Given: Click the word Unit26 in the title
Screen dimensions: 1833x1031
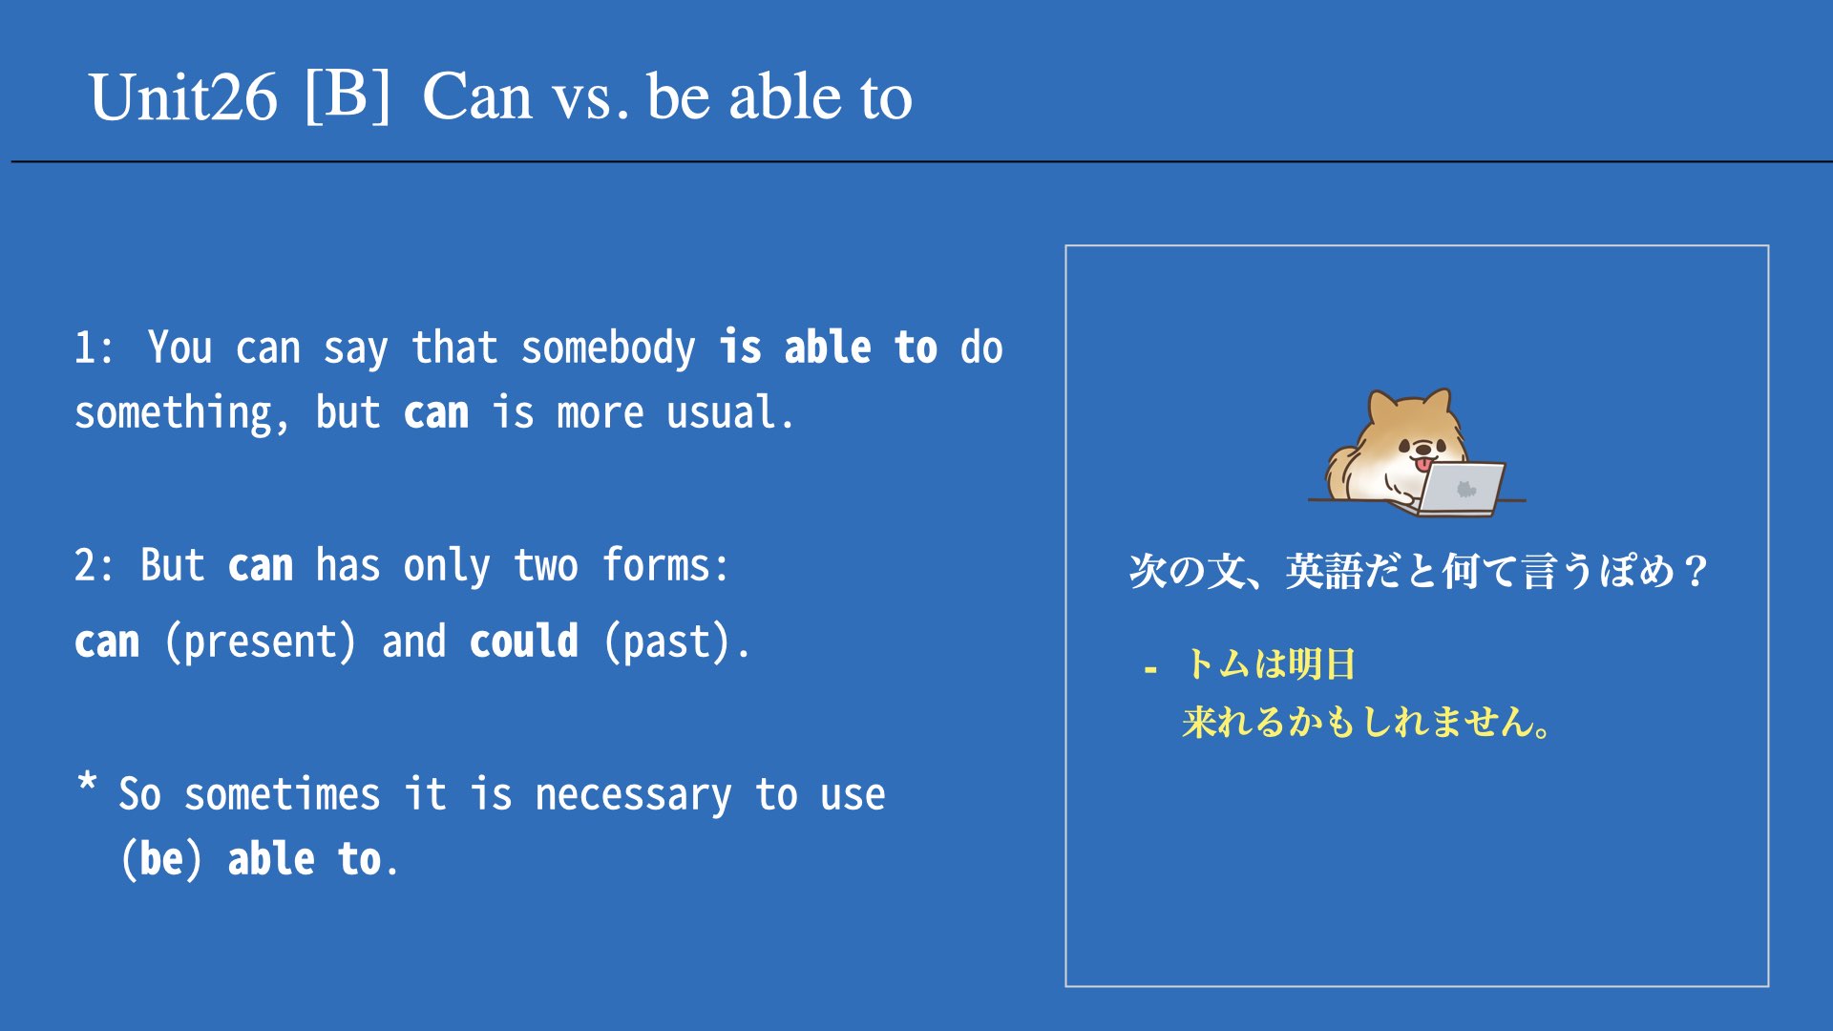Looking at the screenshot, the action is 183,97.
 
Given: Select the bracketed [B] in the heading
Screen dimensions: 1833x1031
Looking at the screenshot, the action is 348,95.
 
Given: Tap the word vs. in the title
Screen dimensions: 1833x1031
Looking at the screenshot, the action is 591,99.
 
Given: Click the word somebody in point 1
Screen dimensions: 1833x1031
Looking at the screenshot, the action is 608,348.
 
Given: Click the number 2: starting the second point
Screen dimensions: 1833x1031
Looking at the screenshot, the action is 94,566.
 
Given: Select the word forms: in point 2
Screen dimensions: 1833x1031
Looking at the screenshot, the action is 665,565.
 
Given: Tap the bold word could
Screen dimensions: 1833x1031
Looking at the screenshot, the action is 524,641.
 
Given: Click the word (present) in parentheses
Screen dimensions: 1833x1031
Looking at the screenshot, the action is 261,642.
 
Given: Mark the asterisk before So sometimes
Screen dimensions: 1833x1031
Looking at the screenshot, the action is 87,783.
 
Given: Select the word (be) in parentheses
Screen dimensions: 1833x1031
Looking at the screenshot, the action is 162,859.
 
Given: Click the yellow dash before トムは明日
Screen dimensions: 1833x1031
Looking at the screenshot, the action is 1150,670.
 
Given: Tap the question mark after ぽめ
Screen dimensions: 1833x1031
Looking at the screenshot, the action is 1696,571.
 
